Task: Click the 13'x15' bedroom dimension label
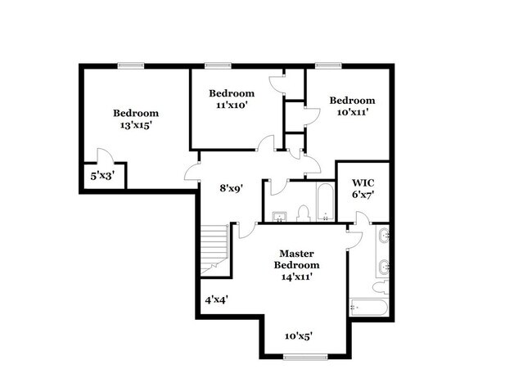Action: [136, 126]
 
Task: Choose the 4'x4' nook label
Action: [216, 299]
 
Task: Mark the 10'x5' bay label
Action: [300, 335]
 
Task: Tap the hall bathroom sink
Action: [280, 216]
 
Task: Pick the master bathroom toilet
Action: [380, 287]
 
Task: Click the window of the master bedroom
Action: [305, 357]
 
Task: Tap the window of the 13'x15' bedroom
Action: [131, 65]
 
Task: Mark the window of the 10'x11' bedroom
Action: [329, 65]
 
